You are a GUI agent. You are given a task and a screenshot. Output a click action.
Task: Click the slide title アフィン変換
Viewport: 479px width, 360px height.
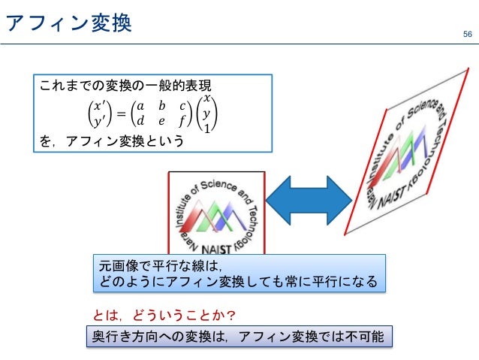tap(68, 24)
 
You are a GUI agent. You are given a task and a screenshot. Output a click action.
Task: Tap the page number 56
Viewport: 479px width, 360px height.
tap(467, 35)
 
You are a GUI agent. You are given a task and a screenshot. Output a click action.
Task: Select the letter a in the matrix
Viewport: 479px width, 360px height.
tap(141, 107)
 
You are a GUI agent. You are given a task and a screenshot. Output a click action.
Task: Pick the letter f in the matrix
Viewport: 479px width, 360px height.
tap(182, 120)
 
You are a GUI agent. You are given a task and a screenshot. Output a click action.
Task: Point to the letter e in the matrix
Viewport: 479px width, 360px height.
tap(161, 120)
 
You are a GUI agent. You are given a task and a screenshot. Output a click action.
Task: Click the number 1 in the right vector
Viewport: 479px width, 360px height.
tap(207, 129)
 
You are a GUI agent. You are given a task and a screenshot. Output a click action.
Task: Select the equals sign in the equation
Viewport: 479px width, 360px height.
tap(119, 113)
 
